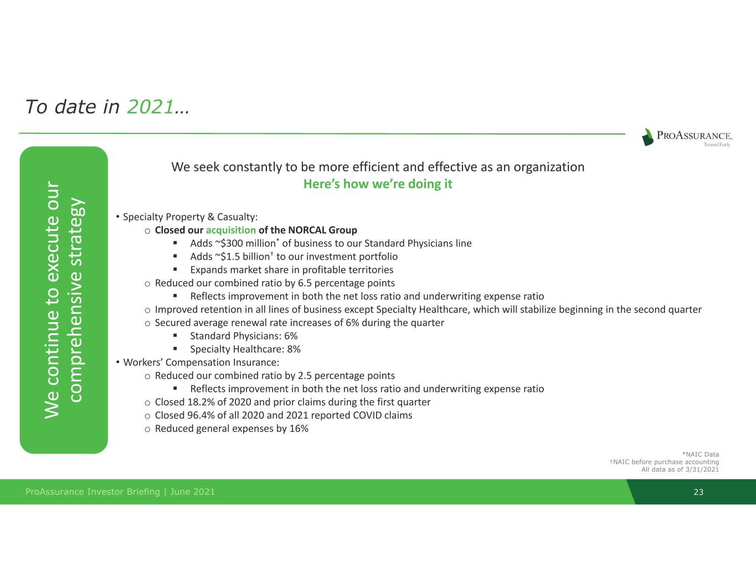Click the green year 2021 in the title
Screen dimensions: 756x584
point(150,106)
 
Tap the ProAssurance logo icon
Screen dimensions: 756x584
point(648,137)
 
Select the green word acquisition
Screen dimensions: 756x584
point(230,230)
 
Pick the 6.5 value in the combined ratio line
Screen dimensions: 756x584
point(305,283)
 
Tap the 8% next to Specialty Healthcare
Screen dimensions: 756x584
point(294,349)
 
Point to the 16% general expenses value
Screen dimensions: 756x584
point(299,428)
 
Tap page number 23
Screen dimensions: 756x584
point(698,492)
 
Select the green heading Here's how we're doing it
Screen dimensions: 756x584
point(378,184)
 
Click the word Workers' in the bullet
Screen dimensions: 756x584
point(143,362)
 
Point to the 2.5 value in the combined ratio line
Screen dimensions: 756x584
point(305,376)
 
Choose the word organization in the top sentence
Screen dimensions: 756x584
point(549,167)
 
